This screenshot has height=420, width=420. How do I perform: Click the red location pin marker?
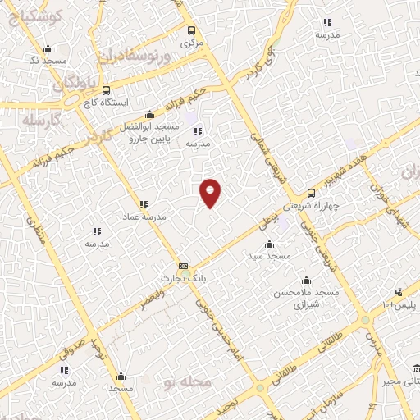(x=211, y=192)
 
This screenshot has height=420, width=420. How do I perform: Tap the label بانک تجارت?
(x=185, y=279)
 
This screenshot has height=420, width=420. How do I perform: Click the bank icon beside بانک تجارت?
(x=183, y=266)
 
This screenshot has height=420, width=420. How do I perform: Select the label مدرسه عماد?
(x=150, y=217)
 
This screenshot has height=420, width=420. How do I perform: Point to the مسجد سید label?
(x=272, y=257)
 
